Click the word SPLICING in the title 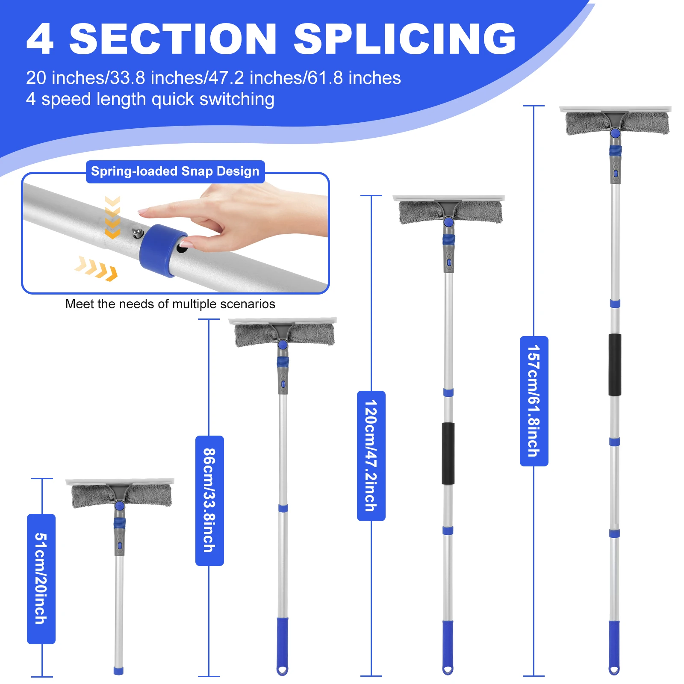tap(404, 39)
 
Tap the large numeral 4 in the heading tap(40, 39)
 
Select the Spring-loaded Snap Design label tap(175, 171)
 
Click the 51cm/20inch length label tap(41, 578)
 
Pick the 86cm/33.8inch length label tap(209, 500)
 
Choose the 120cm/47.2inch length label tap(371, 455)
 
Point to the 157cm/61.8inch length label tap(534, 401)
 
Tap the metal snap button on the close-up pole tap(137, 233)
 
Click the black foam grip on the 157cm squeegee tap(615, 364)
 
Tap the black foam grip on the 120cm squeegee tap(448, 453)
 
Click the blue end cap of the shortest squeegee tap(118, 670)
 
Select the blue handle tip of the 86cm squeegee tap(282, 646)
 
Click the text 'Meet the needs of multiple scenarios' tap(170, 304)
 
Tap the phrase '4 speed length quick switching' tap(150, 99)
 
